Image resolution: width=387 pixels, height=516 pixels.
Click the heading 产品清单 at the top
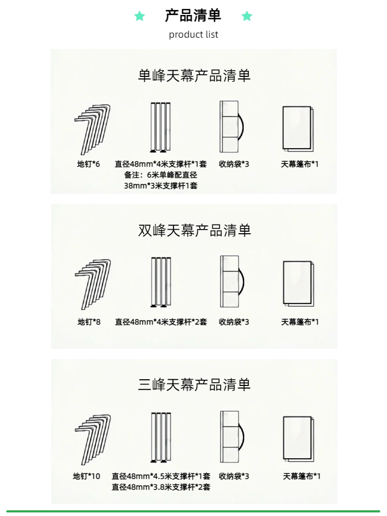[x=193, y=15]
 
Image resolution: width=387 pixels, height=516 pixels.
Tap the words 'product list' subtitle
[x=193, y=35]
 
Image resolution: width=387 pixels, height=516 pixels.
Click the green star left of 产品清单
[x=139, y=16]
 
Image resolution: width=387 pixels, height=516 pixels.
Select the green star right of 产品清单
[x=247, y=16]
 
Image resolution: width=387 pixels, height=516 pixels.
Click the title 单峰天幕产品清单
[x=194, y=76]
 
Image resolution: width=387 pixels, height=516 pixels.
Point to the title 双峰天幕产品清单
[x=194, y=230]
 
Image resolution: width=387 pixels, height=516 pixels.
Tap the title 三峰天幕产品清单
[x=194, y=384]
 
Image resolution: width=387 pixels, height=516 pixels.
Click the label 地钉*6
[x=89, y=164]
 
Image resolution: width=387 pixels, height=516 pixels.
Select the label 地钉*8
[x=89, y=322]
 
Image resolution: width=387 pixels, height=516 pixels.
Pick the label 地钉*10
[x=87, y=476]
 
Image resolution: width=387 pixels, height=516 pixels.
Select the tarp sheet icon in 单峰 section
[x=298, y=128]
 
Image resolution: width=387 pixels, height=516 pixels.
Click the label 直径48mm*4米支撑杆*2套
[x=161, y=322]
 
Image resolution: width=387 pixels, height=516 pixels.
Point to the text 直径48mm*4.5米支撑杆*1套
[x=161, y=476]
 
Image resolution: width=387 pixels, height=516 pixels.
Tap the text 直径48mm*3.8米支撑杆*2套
[x=161, y=487]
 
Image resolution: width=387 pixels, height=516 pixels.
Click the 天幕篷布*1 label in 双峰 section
[x=300, y=322]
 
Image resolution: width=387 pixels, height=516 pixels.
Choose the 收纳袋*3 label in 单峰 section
[x=234, y=164]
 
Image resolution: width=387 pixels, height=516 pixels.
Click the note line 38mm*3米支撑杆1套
[x=160, y=186]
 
